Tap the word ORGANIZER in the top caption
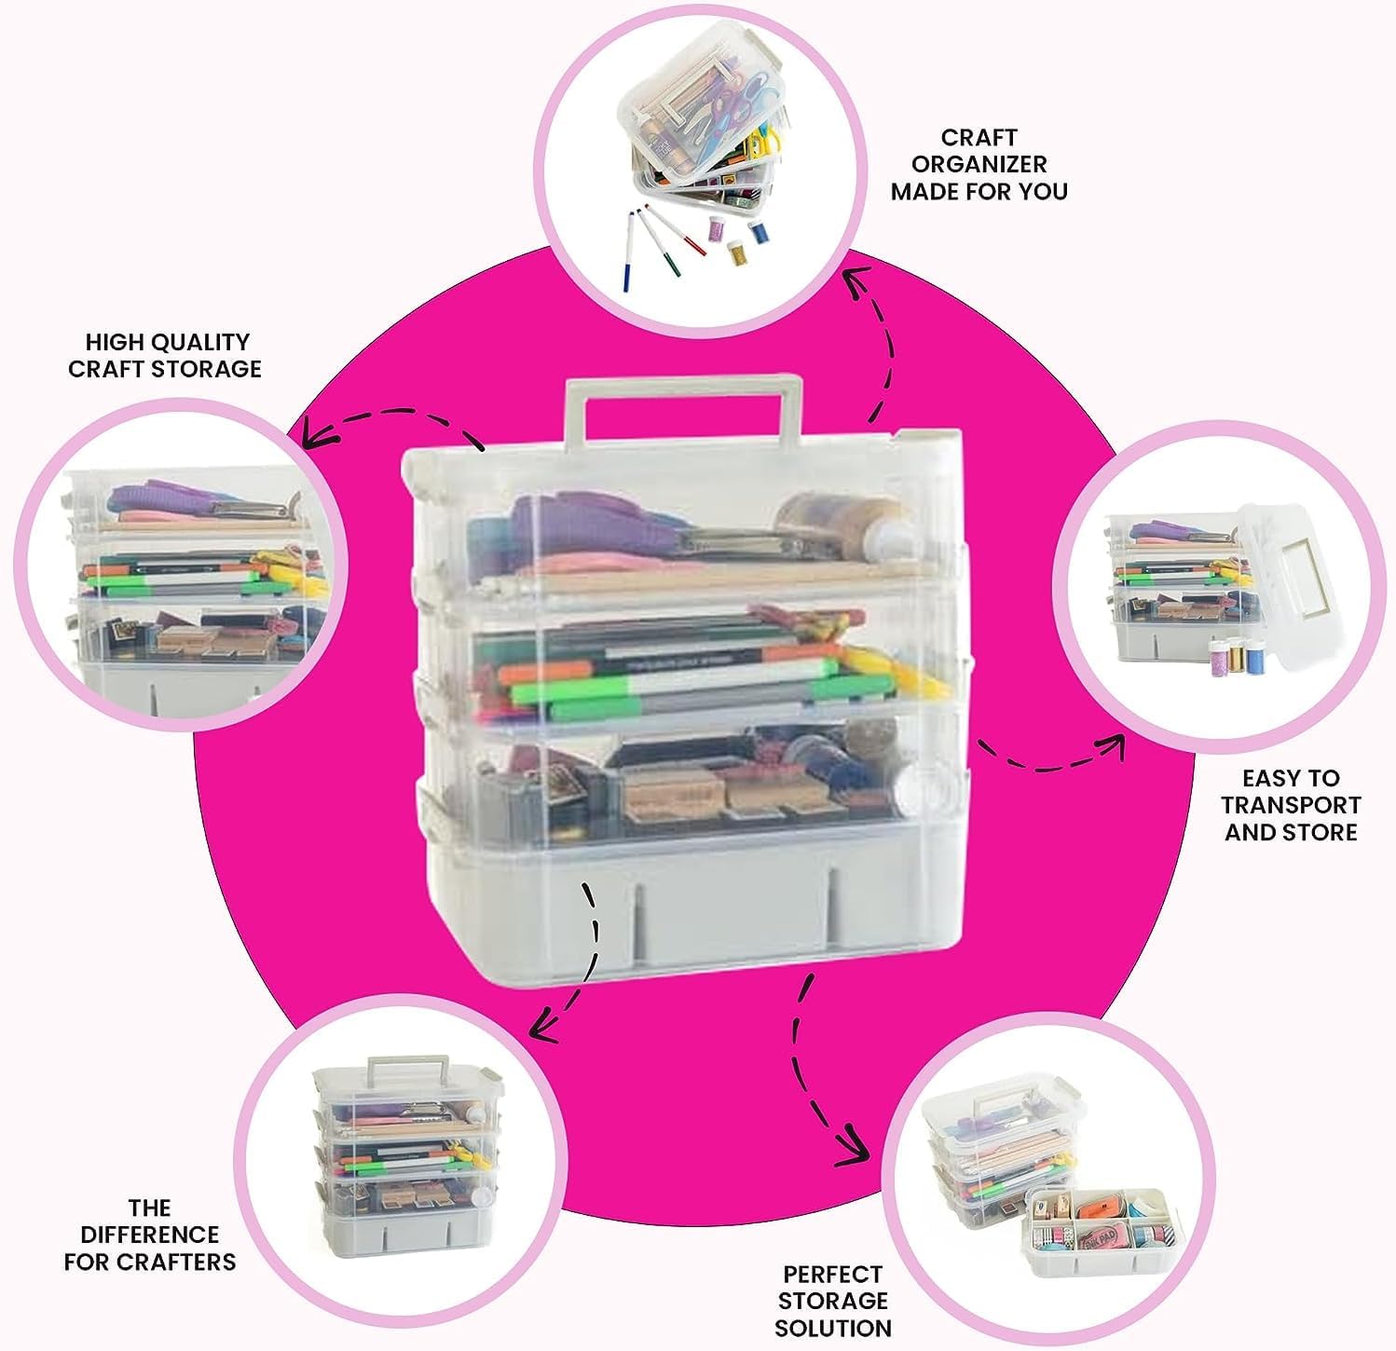(979, 165)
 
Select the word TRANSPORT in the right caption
(1291, 805)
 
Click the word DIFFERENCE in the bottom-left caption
(149, 1235)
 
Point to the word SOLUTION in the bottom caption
(832, 1328)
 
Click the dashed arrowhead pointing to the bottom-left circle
(541, 1029)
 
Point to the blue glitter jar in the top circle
(761, 230)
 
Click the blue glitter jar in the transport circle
(1253, 658)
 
